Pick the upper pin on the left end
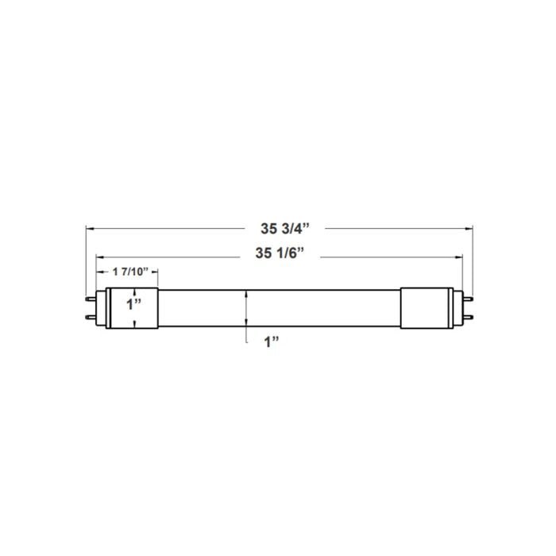point(90,299)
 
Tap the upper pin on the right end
point(468,299)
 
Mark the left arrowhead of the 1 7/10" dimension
point(101,272)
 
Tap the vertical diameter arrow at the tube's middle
point(249,308)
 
